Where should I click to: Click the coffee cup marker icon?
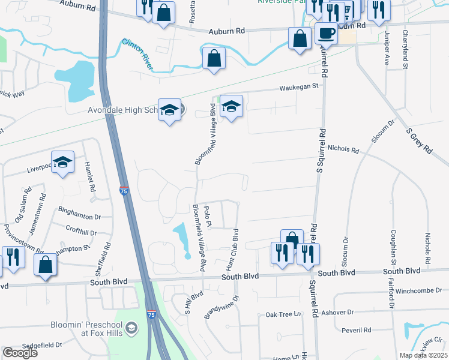click(327, 34)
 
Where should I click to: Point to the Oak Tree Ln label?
click(283, 314)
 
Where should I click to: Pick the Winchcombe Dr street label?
click(420, 291)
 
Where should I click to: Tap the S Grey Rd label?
click(419, 140)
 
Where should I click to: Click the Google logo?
click(19, 353)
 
